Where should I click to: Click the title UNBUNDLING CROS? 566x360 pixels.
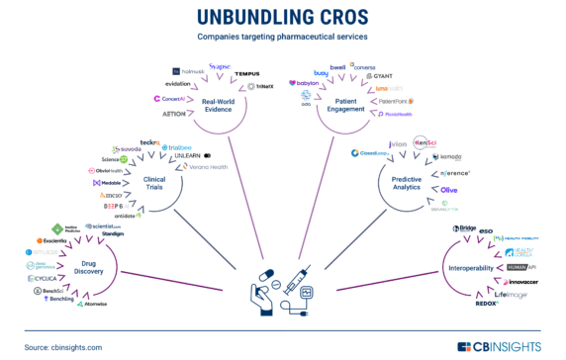coord(282,17)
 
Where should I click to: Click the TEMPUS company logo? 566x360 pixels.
coord(247,74)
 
